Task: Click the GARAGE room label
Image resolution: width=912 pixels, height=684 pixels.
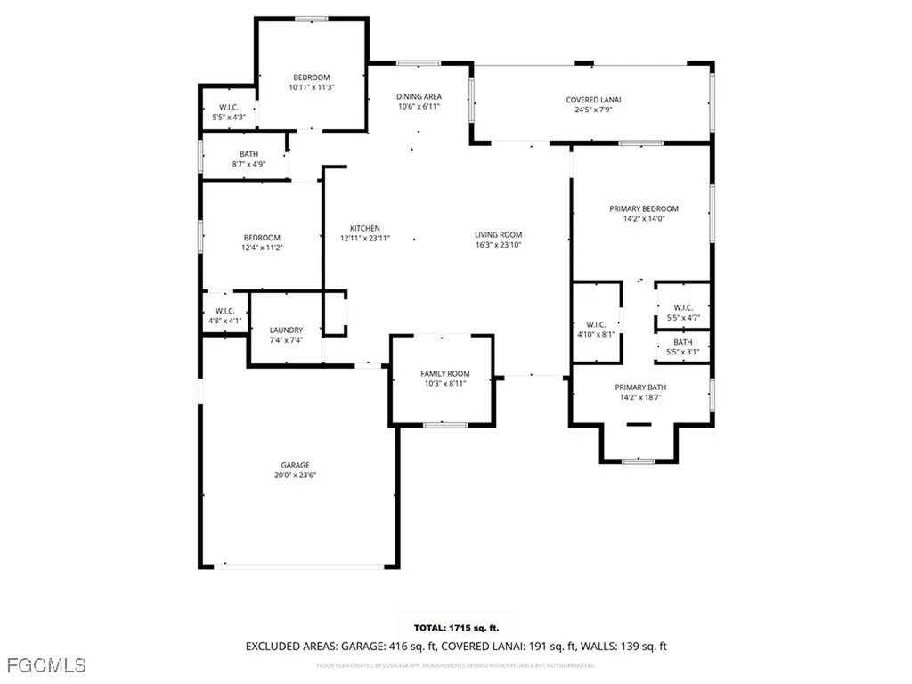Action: tap(296, 465)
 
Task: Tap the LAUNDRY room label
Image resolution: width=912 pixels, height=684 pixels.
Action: tap(286, 330)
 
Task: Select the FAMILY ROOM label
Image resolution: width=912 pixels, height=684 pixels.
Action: tap(445, 373)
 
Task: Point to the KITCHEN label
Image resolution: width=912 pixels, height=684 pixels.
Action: tap(365, 228)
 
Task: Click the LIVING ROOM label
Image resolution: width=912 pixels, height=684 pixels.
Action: tap(498, 234)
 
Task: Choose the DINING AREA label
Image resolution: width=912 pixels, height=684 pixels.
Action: tap(419, 96)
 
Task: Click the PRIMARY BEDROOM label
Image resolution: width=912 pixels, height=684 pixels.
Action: tap(644, 208)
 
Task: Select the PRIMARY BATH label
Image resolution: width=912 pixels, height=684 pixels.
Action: tap(640, 387)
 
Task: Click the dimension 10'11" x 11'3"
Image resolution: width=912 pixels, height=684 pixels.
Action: tap(312, 87)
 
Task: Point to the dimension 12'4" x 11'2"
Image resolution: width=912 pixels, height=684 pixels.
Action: tap(262, 248)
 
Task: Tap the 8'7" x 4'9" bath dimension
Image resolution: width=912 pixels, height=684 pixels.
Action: tap(248, 164)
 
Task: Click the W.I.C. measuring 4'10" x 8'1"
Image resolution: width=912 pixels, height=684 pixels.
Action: tap(596, 335)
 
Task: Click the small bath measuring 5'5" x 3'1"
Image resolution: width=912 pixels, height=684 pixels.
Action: tap(683, 352)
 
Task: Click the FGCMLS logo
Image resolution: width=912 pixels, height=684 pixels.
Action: tap(45, 665)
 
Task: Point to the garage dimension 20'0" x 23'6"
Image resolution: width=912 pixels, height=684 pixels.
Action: tap(296, 476)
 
